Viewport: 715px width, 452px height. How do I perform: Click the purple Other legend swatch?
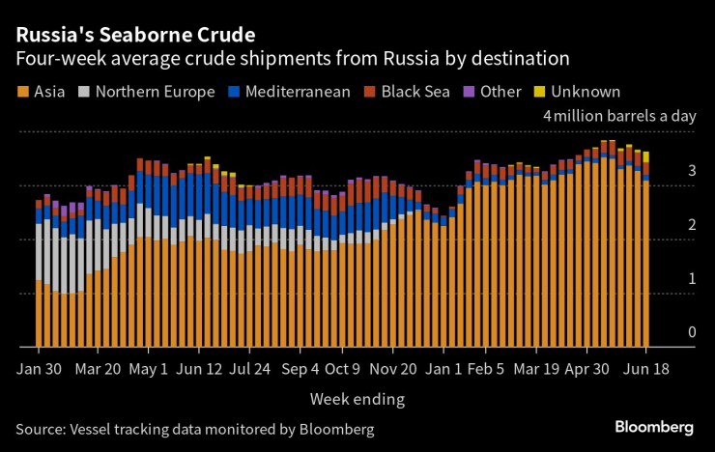[469, 93]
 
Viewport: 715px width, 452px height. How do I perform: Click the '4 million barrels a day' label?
[619, 116]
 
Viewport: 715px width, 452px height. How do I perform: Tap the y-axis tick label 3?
[691, 171]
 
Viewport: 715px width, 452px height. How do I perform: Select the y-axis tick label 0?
[691, 332]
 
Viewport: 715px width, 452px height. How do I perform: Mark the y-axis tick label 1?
[691, 279]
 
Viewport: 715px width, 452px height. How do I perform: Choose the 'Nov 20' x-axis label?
[394, 370]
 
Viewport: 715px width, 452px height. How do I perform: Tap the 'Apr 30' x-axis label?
[588, 370]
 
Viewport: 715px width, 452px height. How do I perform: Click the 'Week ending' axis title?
[357, 398]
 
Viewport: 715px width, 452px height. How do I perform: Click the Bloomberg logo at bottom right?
[655, 427]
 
